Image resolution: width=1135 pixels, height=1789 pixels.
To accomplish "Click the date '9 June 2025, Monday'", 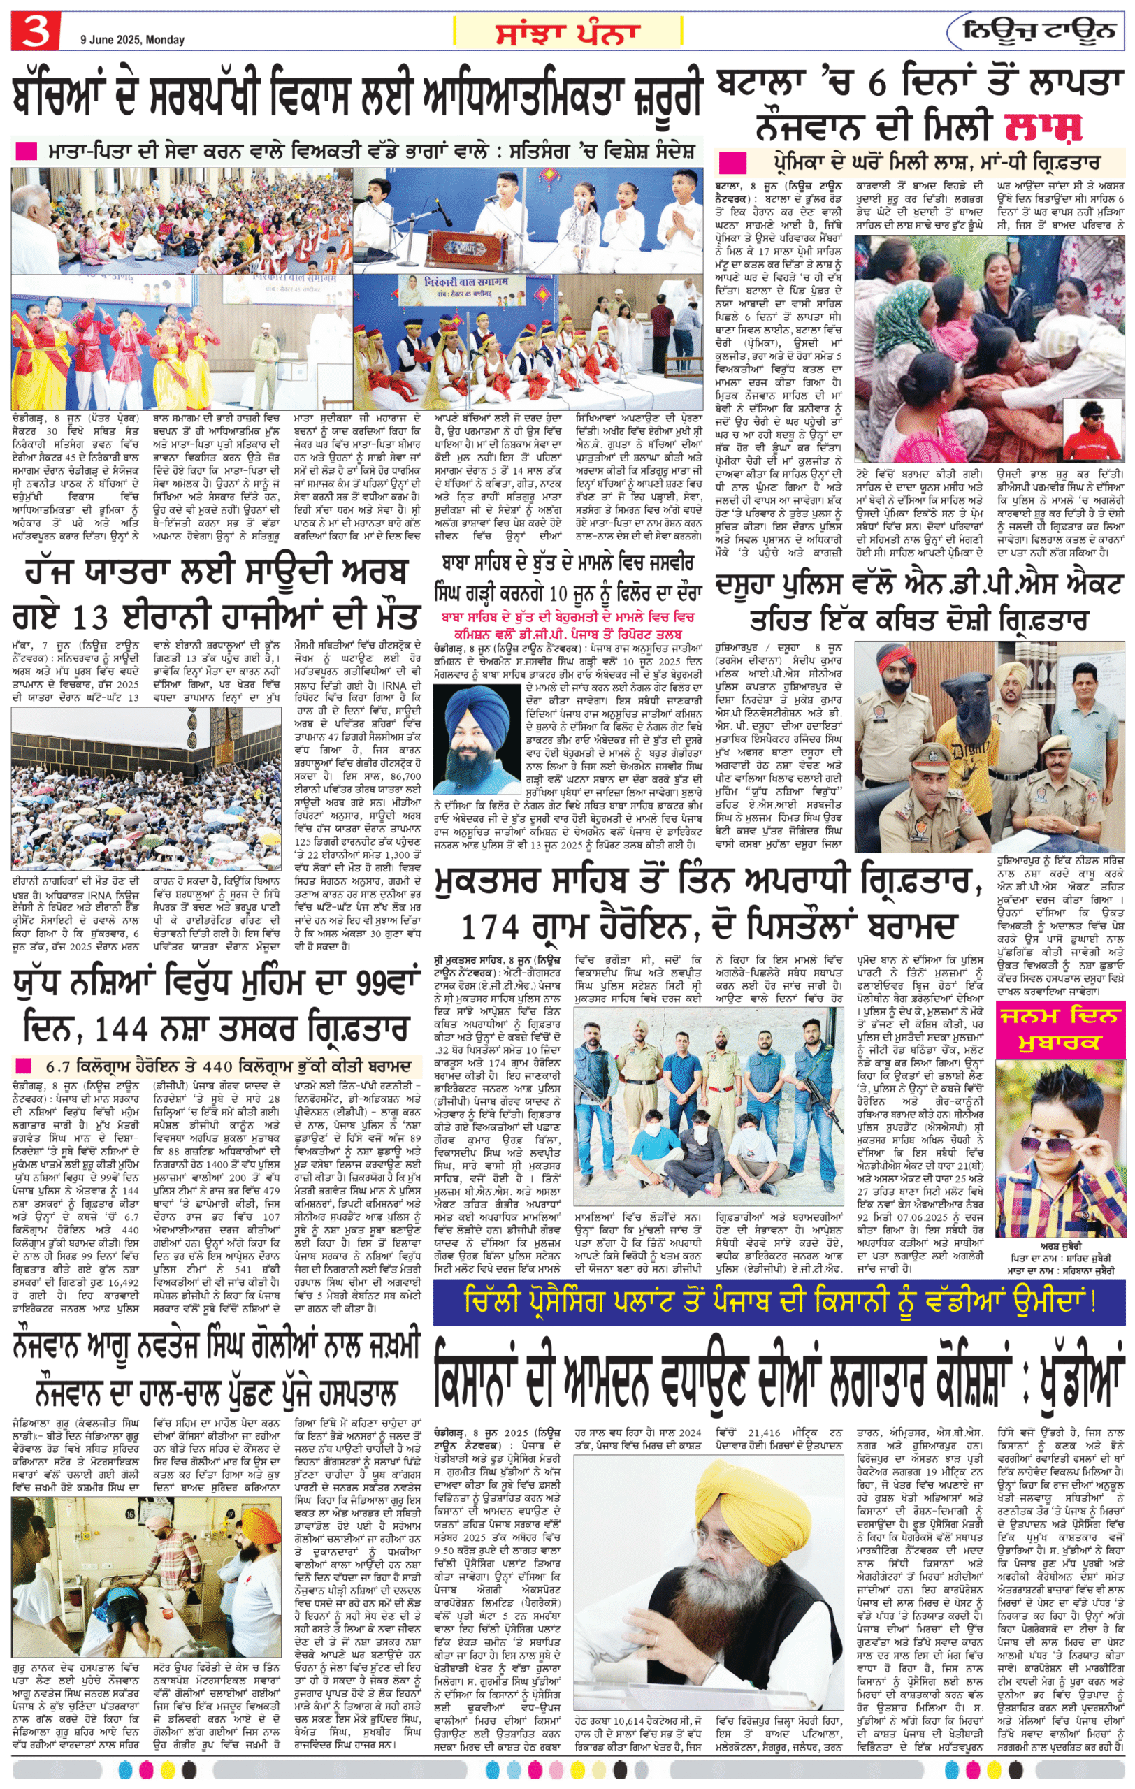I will [x=132, y=39].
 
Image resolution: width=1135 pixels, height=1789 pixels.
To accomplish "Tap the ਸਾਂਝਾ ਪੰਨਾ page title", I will [x=567, y=33].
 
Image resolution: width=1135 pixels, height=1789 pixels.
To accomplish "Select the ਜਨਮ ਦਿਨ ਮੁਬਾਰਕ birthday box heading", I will [x=1057, y=1029].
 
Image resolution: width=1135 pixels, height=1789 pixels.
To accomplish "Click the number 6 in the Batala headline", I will [x=876, y=84].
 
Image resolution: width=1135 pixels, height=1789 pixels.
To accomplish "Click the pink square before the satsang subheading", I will [x=26, y=152].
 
